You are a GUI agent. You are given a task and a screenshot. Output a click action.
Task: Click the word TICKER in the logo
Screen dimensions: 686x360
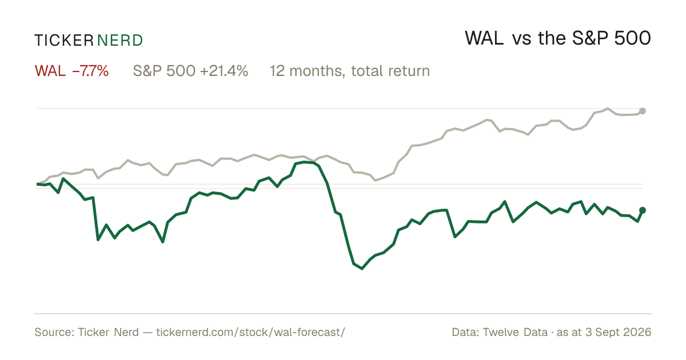click(x=64, y=41)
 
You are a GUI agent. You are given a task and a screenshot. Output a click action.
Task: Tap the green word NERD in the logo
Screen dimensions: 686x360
click(x=119, y=41)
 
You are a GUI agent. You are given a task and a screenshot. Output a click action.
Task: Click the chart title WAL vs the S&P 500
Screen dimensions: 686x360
click(x=558, y=38)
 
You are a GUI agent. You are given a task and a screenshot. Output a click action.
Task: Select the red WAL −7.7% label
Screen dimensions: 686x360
click(x=71, y=71)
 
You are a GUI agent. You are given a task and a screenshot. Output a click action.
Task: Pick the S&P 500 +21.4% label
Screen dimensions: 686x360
click(x=190, y=71)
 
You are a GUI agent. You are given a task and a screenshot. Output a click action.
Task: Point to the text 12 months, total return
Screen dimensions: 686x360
click(x=350, y=71)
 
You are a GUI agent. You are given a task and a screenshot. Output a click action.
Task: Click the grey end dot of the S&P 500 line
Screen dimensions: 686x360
click(x=643, y=111)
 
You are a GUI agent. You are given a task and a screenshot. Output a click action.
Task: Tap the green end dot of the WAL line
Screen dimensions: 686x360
click(x=643, y=210)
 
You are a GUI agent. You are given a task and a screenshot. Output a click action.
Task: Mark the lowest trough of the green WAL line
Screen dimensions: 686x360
click(x=362, y=269)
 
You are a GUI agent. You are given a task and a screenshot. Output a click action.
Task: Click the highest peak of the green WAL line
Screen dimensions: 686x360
click(x=305, y=162)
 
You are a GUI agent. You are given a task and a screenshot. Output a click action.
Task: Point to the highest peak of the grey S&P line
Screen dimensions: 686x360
click(x=608, y=109)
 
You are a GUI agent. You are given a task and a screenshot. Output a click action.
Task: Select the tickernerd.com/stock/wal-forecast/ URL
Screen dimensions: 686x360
click(x=251, y=332)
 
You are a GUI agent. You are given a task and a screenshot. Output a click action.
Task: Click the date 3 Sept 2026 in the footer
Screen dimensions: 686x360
click(x=619, y=332)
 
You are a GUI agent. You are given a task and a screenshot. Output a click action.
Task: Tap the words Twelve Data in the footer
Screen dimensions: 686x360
click(x=515, y=332)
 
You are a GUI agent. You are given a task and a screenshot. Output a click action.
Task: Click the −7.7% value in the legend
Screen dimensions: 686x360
click(x=90, y=71)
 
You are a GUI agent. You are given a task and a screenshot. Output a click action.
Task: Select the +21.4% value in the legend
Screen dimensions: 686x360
click(x=224, y=71)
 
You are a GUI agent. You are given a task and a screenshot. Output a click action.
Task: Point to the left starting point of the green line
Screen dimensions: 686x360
click(x=37, y=184)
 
